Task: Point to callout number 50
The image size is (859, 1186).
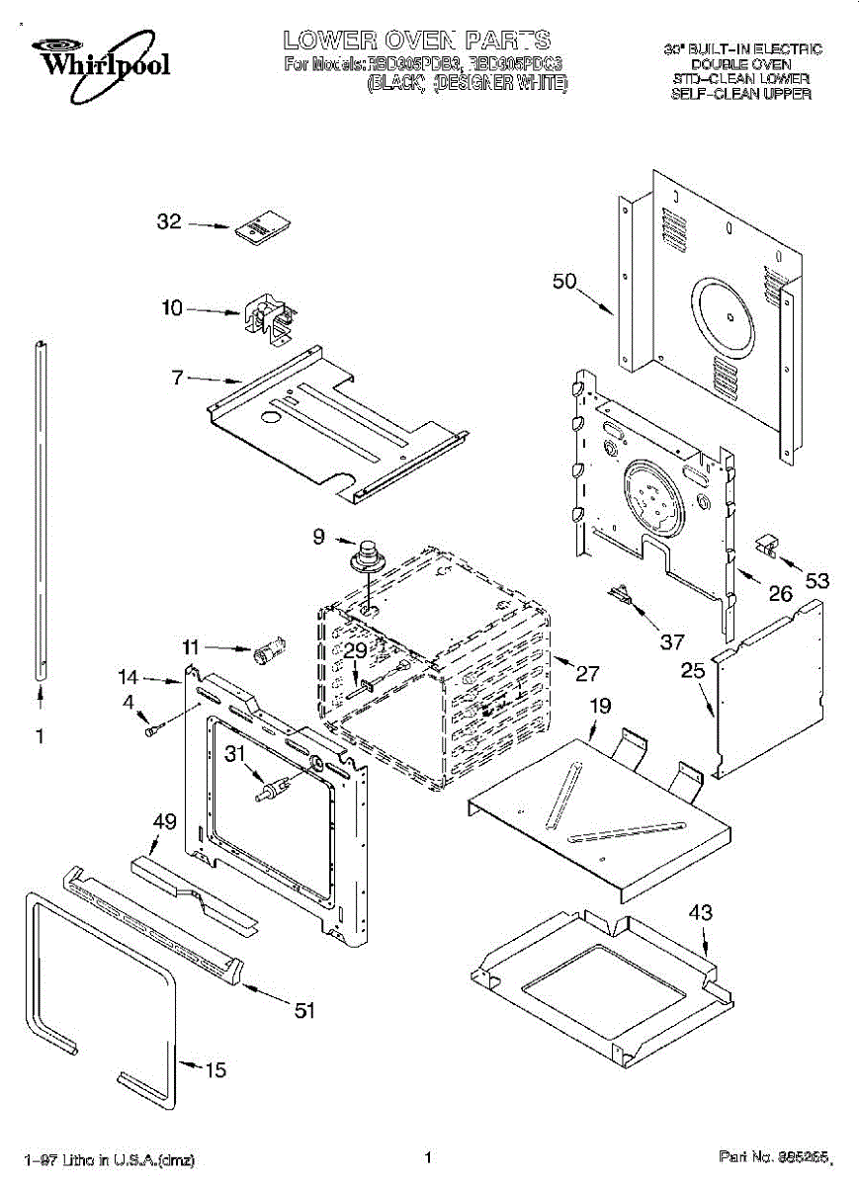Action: pyautogui.click(x=563, y=282)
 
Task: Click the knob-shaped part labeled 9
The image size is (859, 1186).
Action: pyautogui.click(x=370, y=556)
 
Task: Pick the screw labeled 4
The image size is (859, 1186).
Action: pyautogui.click(x=153, y=730)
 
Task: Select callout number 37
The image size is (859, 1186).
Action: pyautogui.click(x=671, y=642)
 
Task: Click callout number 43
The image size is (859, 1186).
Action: pyautogui.click(x=700, y=913)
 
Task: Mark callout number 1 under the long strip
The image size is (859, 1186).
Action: pyautogui.click(x=40, y=736)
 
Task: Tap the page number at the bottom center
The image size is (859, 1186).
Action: pyautogui.click(x=428, y=1157)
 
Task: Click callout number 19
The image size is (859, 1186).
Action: pyautogui.click(x=600, y=706)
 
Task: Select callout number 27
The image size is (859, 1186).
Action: pyautogui.click(x=587, y=674)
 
